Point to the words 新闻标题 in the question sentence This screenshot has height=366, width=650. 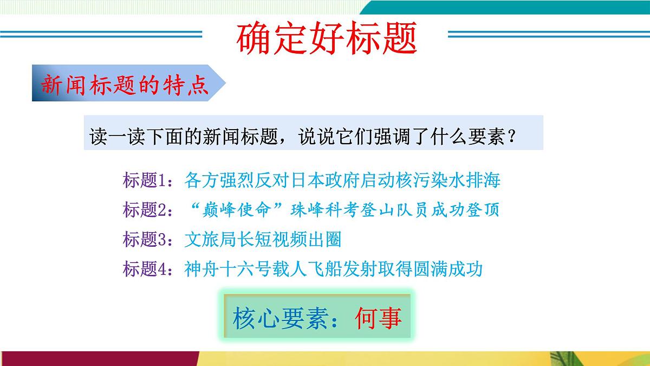point(235,136)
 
